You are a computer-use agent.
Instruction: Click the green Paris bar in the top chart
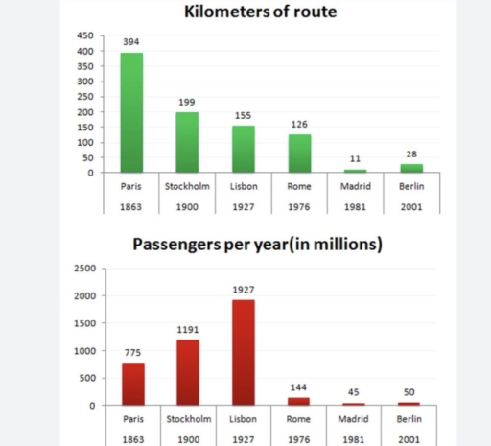click(130, 113)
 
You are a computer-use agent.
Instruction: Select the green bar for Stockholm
click(186, 142)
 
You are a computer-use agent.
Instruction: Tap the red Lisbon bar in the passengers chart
click(244, 352)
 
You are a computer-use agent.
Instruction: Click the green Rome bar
click(300, 153)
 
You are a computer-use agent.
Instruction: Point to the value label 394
click(130, 43)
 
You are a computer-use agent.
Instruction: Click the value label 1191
click(187, 329)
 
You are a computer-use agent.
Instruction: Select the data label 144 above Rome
click(299, 387)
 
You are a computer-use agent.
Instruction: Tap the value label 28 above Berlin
click(412, 153)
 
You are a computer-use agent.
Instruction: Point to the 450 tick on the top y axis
click(85, 35)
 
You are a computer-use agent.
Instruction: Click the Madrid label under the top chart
click(356, 187)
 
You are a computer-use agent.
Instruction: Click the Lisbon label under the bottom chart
click(244, 419)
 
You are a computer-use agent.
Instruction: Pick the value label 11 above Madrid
click(356, 159)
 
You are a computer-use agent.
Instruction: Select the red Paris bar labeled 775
click(130, 384)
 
